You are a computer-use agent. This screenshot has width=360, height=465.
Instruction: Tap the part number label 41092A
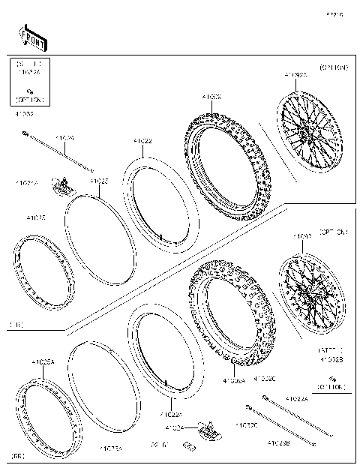point(295,75)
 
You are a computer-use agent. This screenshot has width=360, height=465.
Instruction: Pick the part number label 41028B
point(280,443)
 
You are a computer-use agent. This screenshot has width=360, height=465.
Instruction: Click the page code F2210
point(334,13)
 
